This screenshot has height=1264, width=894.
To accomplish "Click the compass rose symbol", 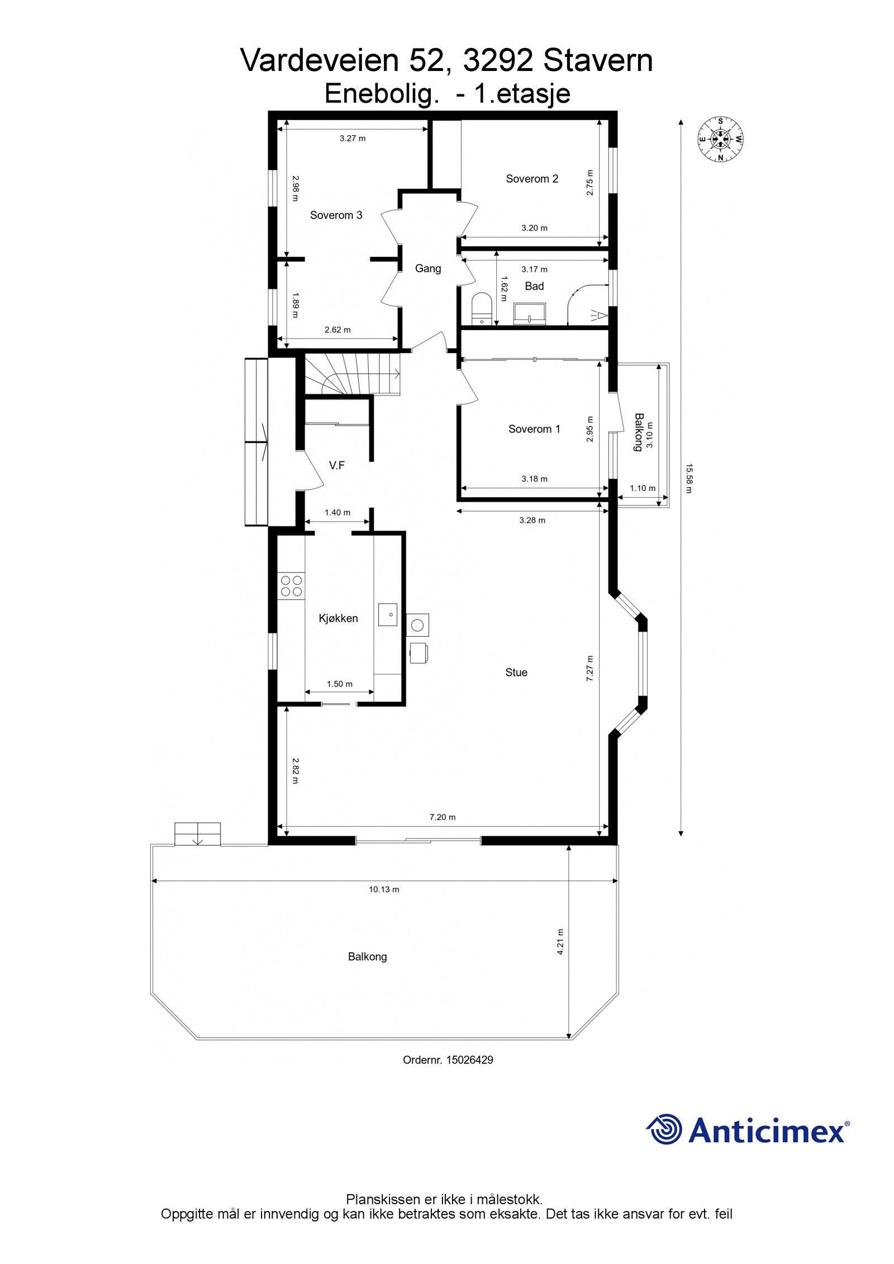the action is [x=721, y=139].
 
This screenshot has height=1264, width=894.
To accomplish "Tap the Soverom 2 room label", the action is [x=532, y=179].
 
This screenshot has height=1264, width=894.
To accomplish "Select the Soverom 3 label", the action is [x=336, y=215].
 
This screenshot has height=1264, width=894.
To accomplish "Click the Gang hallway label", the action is [x=428, y=269].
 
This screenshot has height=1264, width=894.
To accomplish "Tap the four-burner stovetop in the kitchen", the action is [x=291, y=585].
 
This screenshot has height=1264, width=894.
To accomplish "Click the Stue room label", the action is [x=516, y=672].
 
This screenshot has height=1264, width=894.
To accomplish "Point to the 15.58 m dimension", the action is [x=688, y=478].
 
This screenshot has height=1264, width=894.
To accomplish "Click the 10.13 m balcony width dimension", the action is [x=384, y=889].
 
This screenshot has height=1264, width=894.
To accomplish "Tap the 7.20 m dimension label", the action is [x=443, y=817].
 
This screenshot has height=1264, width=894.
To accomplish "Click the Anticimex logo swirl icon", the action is [x=664, y=1129].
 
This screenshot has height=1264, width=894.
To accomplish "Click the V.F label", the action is [x=337, y=465].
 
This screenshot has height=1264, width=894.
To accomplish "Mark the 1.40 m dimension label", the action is [x=337, y=512].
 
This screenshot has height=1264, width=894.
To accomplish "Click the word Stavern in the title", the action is [x=598, y=60].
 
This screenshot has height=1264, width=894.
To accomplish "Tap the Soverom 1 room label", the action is [x=534, y=429].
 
